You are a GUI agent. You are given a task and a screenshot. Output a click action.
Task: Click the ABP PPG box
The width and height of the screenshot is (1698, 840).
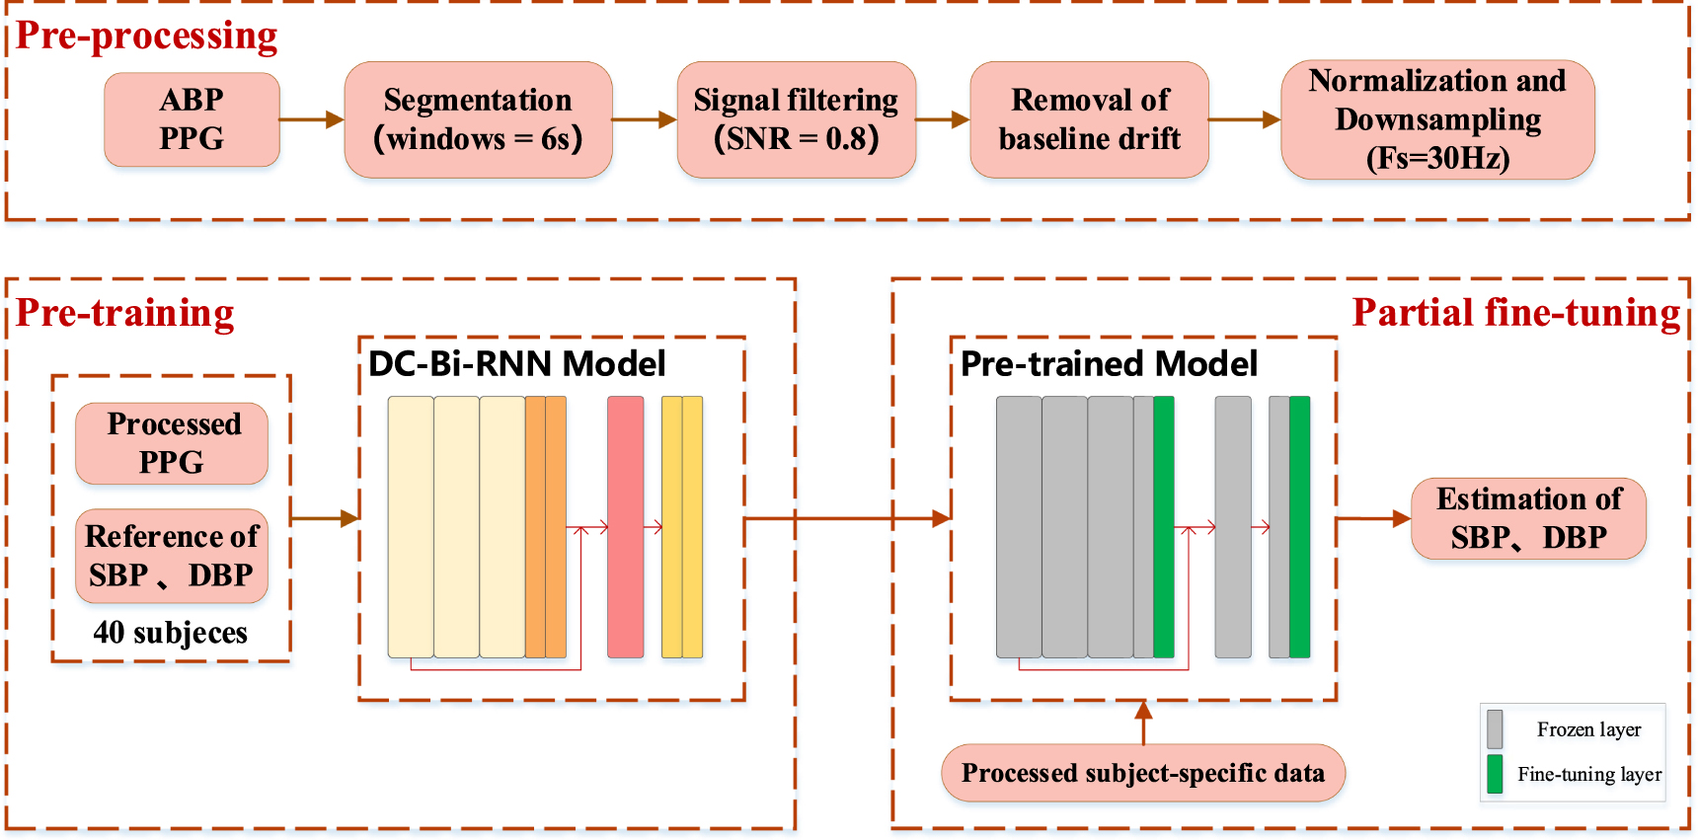tap(192, 119)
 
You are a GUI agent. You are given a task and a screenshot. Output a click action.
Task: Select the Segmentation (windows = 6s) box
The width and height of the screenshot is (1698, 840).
tap(478, 119)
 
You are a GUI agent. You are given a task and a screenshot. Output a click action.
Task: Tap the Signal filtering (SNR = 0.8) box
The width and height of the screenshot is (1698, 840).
tap(796, 119)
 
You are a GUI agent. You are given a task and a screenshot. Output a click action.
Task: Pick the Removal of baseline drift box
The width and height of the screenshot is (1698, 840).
tap(1089, 119)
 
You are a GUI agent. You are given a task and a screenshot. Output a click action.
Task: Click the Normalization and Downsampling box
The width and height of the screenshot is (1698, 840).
tap(1437, 119)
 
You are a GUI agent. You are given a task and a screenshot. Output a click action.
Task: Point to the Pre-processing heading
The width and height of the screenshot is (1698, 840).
tap(147, 36)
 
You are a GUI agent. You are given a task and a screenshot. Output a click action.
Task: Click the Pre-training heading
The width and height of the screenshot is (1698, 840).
tap(125, 313)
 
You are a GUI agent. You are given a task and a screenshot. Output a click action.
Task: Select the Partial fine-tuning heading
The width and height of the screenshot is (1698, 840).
tap(1515, 313)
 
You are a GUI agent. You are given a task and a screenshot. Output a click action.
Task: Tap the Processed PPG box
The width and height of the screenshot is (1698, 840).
tap(172, 443)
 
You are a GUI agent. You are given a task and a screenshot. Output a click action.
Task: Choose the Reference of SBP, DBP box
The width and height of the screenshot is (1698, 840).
tap(172, 556)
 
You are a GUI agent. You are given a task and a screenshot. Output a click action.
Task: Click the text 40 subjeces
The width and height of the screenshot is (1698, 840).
tap(170, 633)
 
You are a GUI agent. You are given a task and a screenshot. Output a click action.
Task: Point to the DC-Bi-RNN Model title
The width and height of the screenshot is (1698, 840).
tap(516, 364)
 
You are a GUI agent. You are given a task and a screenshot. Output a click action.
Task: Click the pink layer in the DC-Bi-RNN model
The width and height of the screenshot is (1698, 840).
tap(625, 527)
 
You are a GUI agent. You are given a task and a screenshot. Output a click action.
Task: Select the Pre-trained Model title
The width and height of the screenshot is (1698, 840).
tap(1109, 364)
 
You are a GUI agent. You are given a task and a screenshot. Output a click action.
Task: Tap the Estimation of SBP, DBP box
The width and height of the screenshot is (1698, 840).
tap(1528, 518)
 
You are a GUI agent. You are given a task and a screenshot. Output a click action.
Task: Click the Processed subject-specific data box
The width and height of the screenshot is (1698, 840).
tap(1142, 773)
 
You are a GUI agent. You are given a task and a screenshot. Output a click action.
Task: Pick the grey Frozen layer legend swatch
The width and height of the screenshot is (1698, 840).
tap(1495, 729)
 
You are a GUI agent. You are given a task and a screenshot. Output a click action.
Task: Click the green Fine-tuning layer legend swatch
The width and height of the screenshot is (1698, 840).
tap(1495, 774)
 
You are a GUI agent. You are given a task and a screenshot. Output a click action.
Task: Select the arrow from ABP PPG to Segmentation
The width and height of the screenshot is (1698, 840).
tap(311, 119)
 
